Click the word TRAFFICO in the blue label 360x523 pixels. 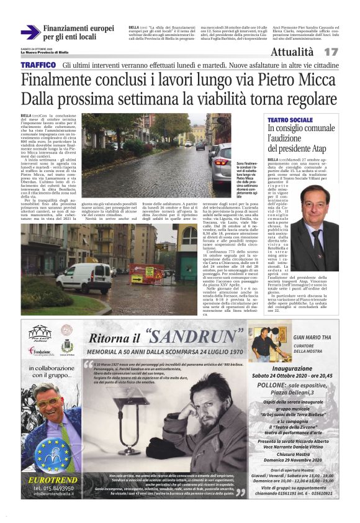(38, 65)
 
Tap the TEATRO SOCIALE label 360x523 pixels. (290, 119)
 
